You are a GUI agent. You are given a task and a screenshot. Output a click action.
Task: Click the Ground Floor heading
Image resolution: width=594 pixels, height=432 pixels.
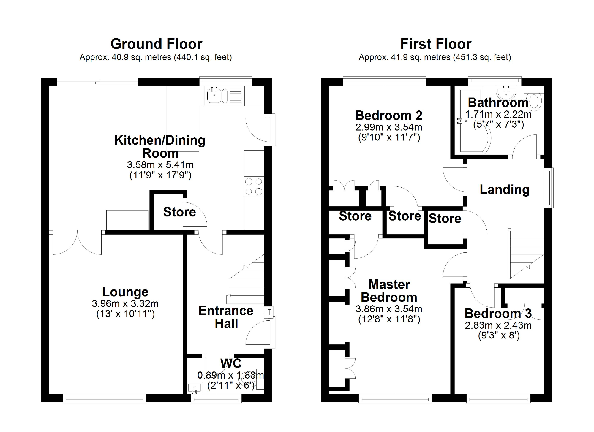156,44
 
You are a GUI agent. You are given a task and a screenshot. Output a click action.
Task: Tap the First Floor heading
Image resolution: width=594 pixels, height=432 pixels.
436,44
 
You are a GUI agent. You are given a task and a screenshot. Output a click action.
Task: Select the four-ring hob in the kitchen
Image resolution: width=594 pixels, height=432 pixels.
254,186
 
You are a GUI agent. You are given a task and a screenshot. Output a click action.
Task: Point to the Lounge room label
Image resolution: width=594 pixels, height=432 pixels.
125,292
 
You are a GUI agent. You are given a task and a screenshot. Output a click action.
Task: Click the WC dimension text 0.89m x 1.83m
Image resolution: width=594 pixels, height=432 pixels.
230,375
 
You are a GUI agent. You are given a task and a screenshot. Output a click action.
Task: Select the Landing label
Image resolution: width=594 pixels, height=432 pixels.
505,189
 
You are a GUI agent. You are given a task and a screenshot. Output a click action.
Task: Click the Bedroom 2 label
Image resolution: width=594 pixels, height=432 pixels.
389,115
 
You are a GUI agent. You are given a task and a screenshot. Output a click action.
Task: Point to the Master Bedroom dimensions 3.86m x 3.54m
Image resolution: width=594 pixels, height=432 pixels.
389,309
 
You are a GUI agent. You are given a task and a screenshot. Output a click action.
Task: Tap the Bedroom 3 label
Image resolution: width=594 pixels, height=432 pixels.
498,314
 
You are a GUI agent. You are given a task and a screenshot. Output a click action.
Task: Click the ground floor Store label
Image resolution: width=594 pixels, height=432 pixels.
179,212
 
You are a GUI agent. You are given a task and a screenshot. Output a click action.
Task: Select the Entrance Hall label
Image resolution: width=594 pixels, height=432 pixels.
226,317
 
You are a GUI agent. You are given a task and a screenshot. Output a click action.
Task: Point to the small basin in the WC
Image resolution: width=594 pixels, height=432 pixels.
195,388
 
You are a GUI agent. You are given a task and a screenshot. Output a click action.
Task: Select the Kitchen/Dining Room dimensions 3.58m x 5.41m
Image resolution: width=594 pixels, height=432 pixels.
160,164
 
